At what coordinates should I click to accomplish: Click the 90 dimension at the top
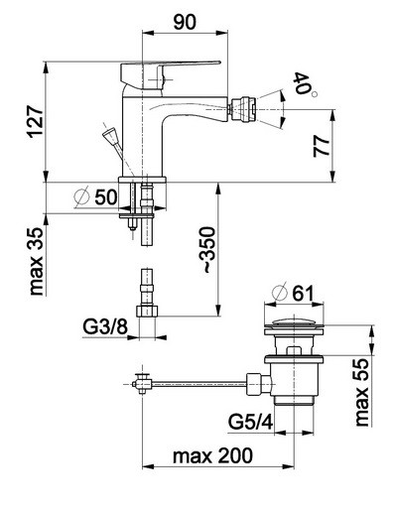(x=185, y=22)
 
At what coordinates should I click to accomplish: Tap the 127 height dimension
(x=36, y=122)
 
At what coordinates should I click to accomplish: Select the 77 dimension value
(x=322, y=146)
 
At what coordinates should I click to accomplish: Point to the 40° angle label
(x=305, y=84)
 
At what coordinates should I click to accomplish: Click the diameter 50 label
(x=96, y=197)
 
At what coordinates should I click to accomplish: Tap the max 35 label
(x=36, y=261)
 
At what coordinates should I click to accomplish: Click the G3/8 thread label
(x=104, y=327)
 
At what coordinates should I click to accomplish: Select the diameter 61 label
(x=293, y=293)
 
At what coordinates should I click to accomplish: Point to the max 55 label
(x=361, y=392)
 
